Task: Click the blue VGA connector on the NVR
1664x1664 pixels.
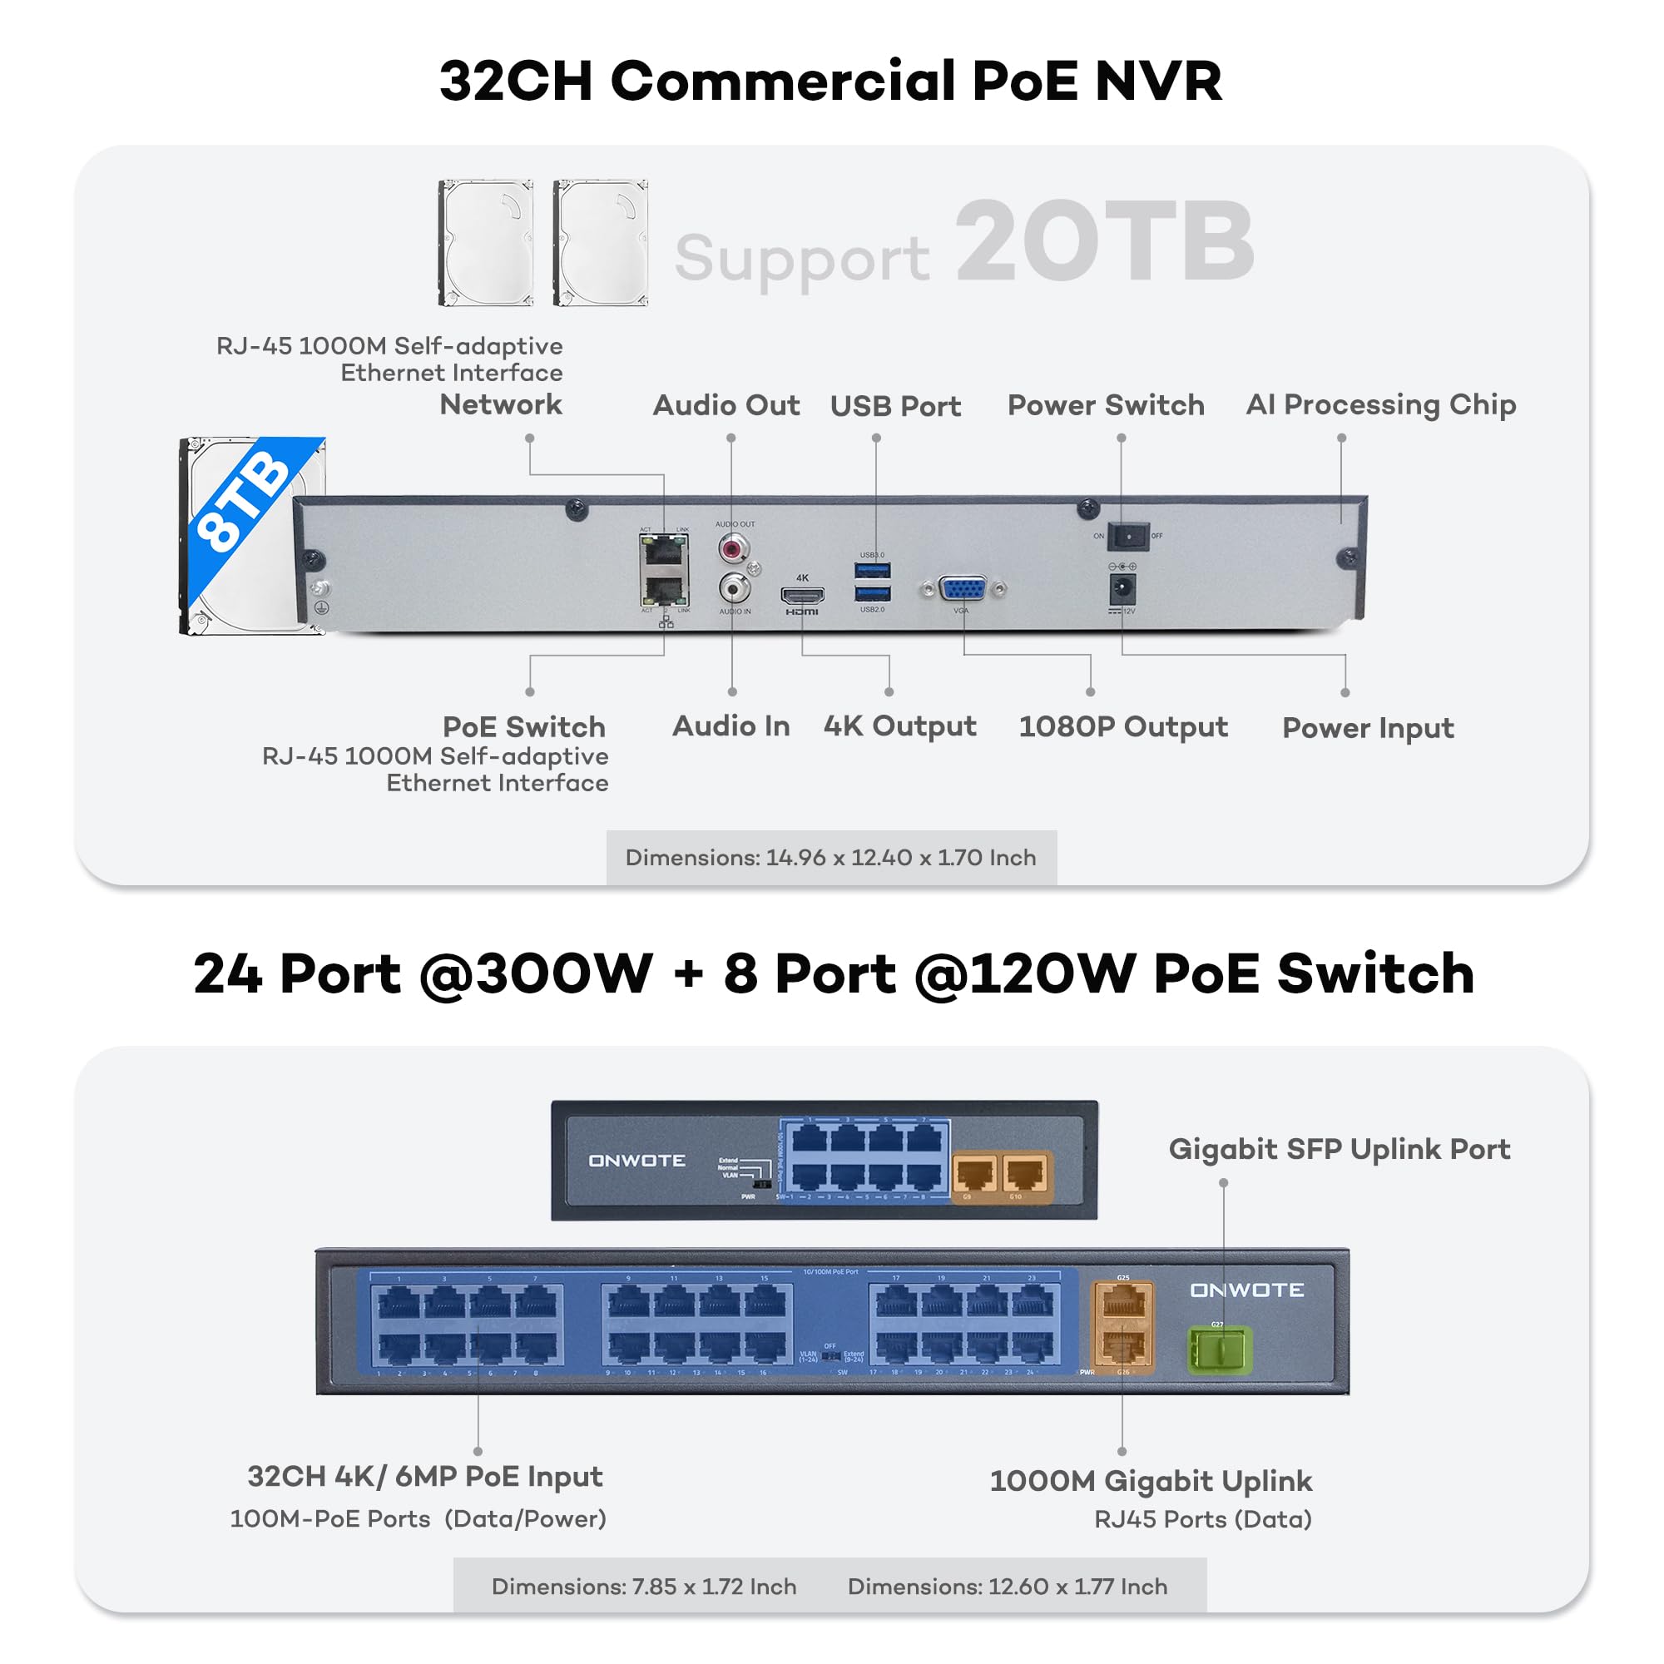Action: pos(963,590)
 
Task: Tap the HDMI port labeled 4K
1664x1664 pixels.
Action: pos(802,594)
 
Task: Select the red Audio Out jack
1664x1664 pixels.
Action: pos(733,547)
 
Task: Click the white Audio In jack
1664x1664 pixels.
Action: pos(734,588)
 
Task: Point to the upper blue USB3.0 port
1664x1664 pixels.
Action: pos(873,570)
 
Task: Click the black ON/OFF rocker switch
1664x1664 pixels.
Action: pos(1127,537)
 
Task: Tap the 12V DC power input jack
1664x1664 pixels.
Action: pos(1122,590)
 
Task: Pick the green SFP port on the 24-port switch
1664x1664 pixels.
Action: pos(1219,1350)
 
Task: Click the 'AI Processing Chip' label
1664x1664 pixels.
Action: pos(1380,404)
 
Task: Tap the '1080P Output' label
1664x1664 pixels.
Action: pos(1122,726)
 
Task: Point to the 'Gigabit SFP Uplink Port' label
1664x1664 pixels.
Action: pos(1339,1149)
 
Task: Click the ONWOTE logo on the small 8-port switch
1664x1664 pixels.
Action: pos(636,1161)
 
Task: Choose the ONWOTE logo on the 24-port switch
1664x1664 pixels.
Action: pos(1246,1290)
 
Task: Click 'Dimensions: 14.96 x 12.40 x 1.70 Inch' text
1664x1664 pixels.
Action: pos(830,858)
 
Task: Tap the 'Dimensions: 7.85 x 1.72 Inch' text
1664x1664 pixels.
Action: pos(643,1587)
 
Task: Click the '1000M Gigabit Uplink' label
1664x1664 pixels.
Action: pos(1150,1481)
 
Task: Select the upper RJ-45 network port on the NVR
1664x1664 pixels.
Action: pos(663,550)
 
